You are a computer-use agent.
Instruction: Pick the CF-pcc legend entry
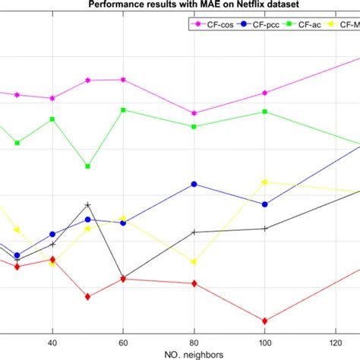[x=263, y=25]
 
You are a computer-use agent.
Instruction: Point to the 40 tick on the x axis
[x=52, y=343]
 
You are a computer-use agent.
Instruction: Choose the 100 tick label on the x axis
[x=264, y=343]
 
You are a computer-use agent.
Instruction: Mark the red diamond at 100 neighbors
[x=264, y=321]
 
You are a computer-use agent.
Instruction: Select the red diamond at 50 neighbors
[x=88, y=296]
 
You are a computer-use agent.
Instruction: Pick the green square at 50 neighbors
[x=88, y=166]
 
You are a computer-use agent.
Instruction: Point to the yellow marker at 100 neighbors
[x=264, y=182]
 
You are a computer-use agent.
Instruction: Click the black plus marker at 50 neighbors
[x=88, y=205]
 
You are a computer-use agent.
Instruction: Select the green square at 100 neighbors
[x=264, y=112]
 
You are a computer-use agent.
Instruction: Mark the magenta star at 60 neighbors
[x=123, y=80]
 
